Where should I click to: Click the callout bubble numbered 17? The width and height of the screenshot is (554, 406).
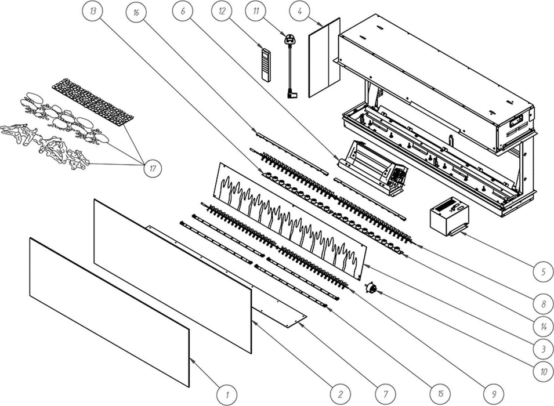153,168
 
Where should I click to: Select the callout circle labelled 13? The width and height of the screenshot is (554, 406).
93,11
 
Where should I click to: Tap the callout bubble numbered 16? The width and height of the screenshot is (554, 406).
136,13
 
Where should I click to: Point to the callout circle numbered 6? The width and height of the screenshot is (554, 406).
183,11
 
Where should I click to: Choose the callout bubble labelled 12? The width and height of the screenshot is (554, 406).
222,11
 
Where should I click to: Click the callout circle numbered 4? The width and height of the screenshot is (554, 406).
299,11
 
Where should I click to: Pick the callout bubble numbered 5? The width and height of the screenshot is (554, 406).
544,271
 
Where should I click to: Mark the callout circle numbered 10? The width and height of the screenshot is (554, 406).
544,372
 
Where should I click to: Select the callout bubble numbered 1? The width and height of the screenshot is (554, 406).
227,394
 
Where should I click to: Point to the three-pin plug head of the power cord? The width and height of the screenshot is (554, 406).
289,38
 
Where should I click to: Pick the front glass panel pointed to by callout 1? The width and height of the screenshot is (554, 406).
110,313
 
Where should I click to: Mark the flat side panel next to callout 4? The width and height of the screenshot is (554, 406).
324,57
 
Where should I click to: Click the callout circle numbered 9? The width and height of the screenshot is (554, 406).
494,394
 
